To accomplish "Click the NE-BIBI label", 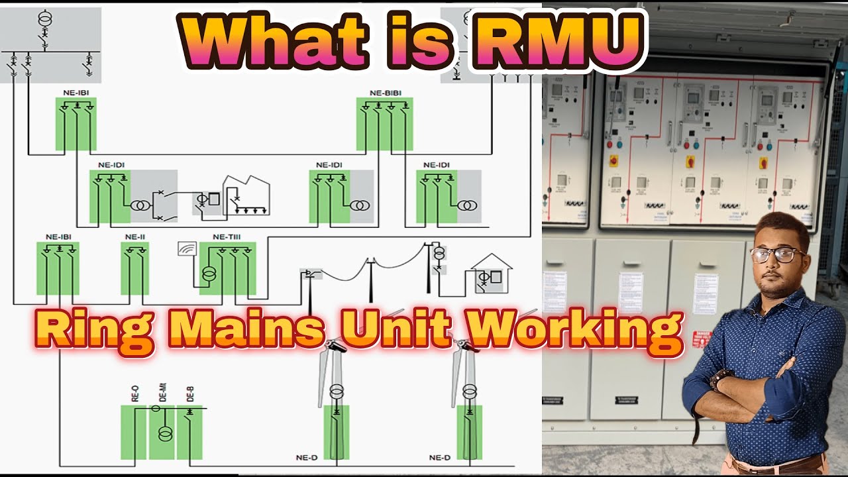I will tap(385, 93).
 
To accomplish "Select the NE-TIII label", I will tap(228, 237).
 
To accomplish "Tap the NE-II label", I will tap(134, 237).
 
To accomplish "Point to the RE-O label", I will tap(135, 394).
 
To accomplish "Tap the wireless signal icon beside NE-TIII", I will tap(187, 248).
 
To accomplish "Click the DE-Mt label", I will tap(162, 393).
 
